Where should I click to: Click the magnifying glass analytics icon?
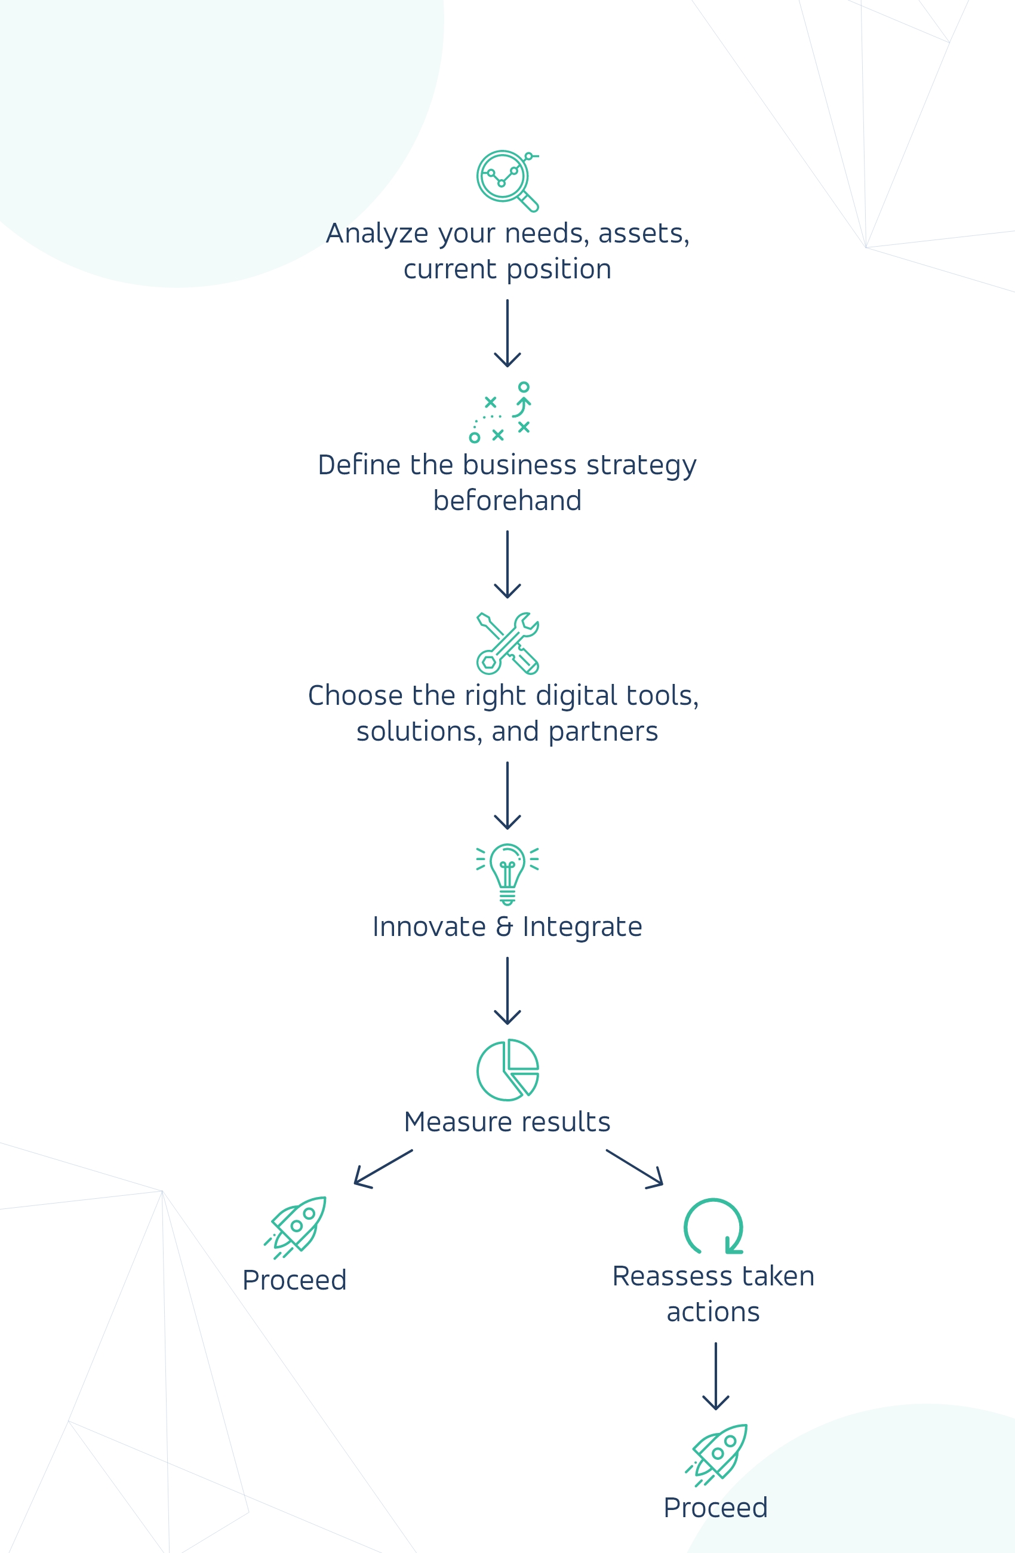pos(507,180)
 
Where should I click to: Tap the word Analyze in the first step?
pos(379,234)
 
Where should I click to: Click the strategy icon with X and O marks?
pos(501,412)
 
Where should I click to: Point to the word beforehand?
pos(507,501)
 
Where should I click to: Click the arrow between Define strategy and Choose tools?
pos(507,564)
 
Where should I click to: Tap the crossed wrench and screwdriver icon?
pos(507,643)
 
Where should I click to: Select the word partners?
pos(603,732)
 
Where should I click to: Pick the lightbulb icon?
pos(507,874)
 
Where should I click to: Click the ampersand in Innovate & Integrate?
pos(505,926)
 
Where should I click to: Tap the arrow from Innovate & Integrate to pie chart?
pos(507,990)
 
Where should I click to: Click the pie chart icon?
pos(507,1070)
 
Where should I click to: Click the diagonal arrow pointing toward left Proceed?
pos(383,1169)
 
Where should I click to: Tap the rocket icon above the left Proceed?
pos(297,1227)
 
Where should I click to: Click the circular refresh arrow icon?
pos(713,1227)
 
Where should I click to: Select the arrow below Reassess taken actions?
pos(716,1376)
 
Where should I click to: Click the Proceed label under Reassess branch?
pos(716,1508)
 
